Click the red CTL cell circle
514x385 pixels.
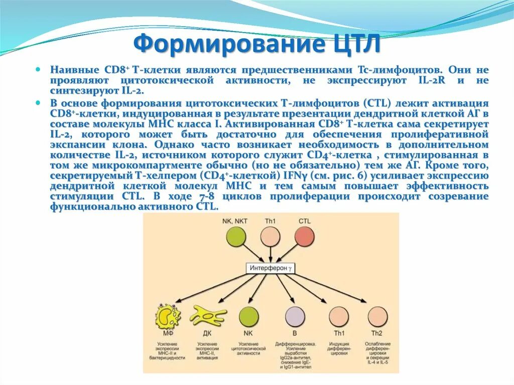305,237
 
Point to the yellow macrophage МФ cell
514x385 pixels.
169,317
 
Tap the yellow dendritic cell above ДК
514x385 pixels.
208,316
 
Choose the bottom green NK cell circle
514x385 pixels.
248,317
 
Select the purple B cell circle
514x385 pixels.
295,317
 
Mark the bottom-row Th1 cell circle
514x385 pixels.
339,317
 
